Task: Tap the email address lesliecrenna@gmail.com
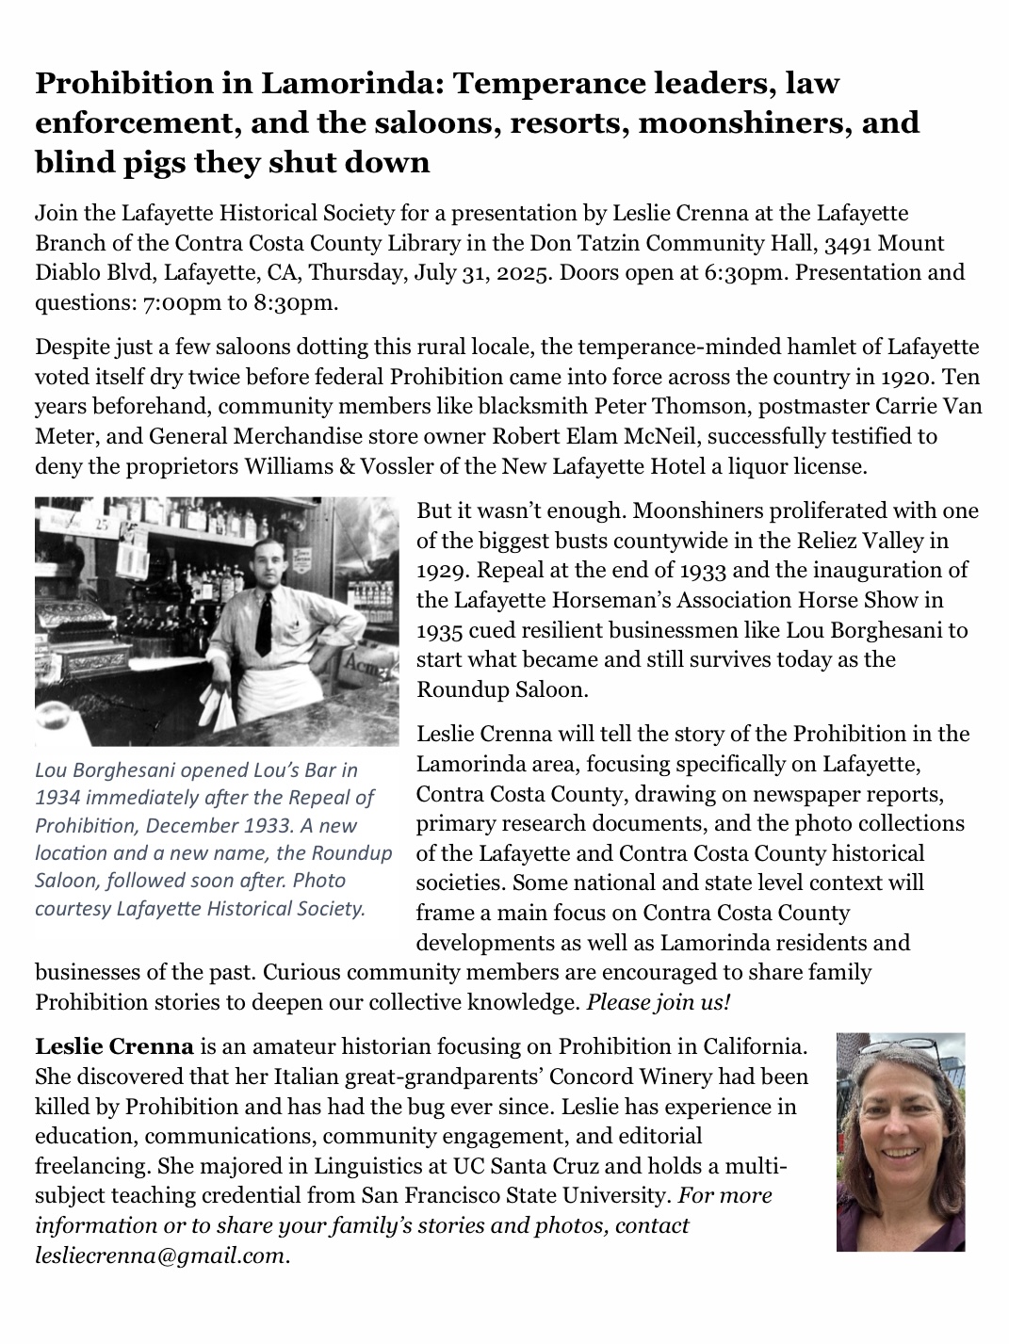coord(158,1255)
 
